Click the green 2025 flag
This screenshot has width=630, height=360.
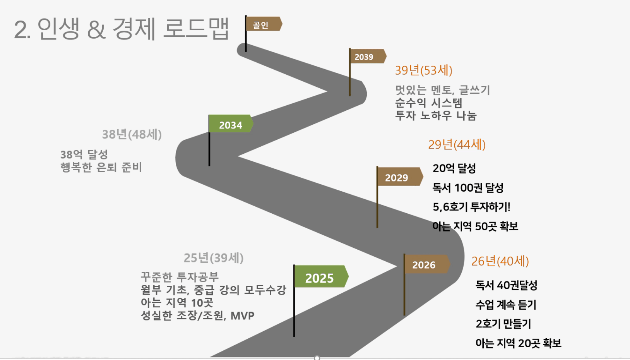click(x=321, y=276)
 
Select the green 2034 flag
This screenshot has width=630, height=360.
click(x=231, y=123)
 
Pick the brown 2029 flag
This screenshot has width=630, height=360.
click(x=400, y=177)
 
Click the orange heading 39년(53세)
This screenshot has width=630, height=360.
click(x=424, y=70)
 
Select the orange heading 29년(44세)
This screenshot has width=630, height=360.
click(x=457, y=144)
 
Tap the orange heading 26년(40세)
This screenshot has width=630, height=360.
click(x=500, y=261)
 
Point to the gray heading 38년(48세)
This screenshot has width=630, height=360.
click(x=132, y=134)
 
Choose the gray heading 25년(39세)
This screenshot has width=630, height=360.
click(x=214, y=258)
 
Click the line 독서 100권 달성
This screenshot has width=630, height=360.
click(x=468, y=188)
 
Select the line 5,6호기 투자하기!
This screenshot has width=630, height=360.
click(x=471, y=207)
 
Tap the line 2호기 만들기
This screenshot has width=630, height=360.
click(x=503, y=324)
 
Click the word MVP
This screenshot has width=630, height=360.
click(x=242, y=316)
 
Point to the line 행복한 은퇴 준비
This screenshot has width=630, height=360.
click(x=101, y=167)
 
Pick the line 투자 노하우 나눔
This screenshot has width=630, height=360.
click(x=436, y=116)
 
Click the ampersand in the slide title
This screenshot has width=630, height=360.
click(x=96, y=29)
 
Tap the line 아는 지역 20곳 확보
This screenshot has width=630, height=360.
click(x=518, y=343)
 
